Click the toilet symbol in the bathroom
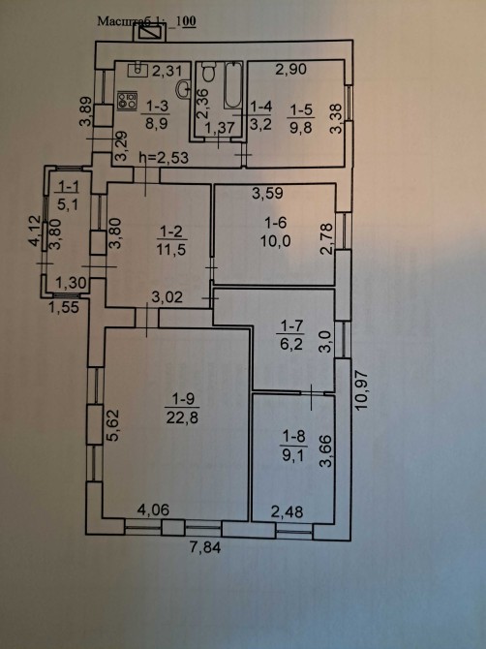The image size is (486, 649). click(208, 72)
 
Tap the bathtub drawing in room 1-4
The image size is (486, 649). click(233, 85)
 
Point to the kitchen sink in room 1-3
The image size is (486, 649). click(137, 71)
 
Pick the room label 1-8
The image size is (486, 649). click(294, 436)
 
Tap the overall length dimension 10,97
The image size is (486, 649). click(361, 389)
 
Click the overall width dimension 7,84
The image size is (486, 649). click(205, 547)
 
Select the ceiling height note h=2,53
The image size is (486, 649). click(165, 157)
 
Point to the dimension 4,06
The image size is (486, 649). click(153, 510)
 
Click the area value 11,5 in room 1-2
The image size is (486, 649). click(172, 250)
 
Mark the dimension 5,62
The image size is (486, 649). click(112, 425)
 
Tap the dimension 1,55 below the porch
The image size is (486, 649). click(64, 307)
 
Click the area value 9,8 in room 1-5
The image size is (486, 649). click(301, 128)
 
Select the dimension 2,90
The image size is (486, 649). click(291, 69)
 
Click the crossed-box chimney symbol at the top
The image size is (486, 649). click(149, 32)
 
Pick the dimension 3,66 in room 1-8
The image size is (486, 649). click(326, 451)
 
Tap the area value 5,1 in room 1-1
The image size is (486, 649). click(68, 204)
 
